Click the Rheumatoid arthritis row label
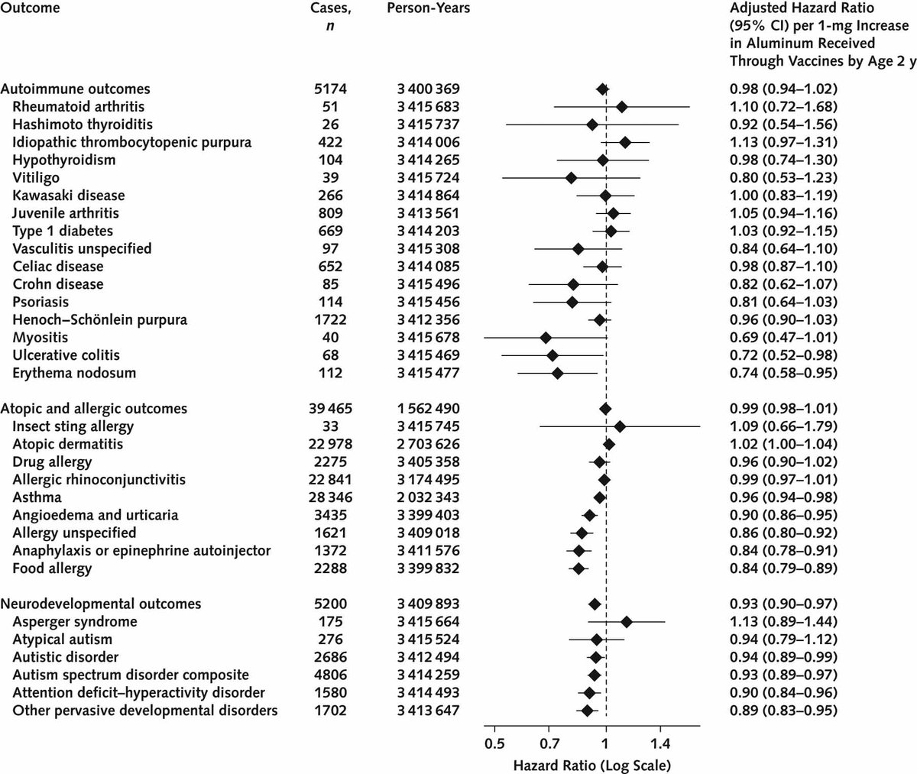pos(78,106)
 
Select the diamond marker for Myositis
pos(546,338)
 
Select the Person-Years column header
pos(428,8)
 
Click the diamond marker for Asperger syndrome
pos(627,622)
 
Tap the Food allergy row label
pos(52,568)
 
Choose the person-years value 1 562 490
pos(428,409)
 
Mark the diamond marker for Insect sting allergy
pos(620,426)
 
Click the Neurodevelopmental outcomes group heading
pos(102,604)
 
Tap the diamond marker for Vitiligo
pos(571,178)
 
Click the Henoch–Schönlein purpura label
pos(100,319)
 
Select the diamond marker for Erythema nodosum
pos(558,374)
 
